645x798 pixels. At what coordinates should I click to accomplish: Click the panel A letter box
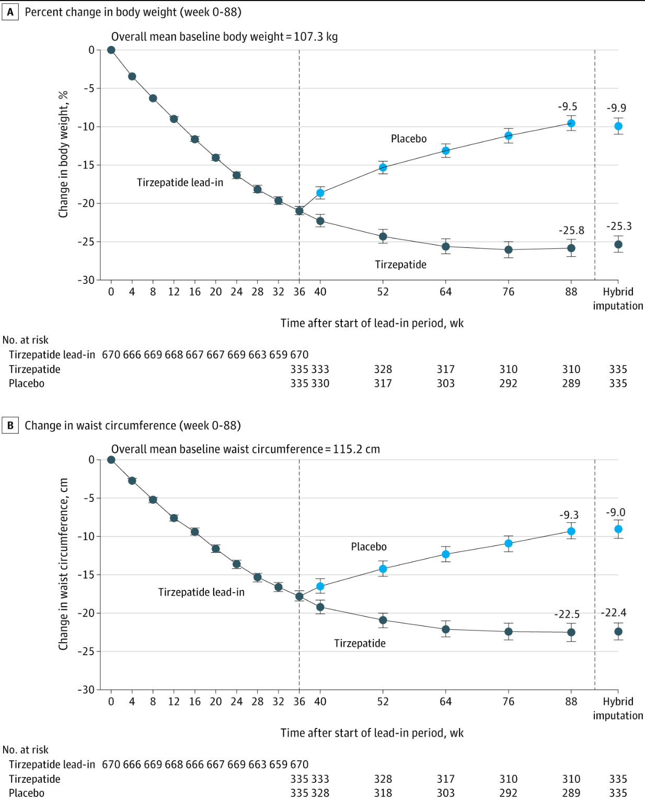click(x=10, y=12)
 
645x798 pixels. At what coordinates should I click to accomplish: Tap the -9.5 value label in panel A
click(x=568, y=107)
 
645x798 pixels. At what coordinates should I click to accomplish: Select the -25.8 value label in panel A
click(x=572, y=230)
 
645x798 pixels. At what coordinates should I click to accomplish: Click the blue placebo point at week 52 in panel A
click(x=383, y=167)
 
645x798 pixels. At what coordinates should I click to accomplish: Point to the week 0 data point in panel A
click(x=111, y=50)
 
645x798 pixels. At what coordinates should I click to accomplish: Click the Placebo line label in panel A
click(x=409, y=139)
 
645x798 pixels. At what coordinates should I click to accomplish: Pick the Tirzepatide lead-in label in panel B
click(x=201, y=592)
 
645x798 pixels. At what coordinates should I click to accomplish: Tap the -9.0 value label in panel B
click(x=616, y=512)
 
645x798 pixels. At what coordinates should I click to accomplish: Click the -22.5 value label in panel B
click(x=567, y=614)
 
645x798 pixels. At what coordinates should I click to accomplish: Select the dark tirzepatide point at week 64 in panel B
click(x=445, y=630)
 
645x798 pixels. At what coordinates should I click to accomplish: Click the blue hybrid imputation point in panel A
click(x=618, y=126)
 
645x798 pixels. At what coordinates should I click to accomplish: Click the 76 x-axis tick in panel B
click(x=509, y=701)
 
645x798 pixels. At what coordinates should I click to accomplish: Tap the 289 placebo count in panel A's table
click(x=571, y=383)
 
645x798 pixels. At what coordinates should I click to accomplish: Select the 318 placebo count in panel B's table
click(x=383, y=793)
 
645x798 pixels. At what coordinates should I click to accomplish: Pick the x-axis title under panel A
click(x=372, y=323)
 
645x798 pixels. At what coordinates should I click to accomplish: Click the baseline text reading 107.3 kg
click(x=316, y=37)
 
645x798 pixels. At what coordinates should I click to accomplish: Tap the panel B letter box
click(x=10, y=425)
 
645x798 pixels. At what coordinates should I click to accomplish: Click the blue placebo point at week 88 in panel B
click(x=571, y=531)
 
